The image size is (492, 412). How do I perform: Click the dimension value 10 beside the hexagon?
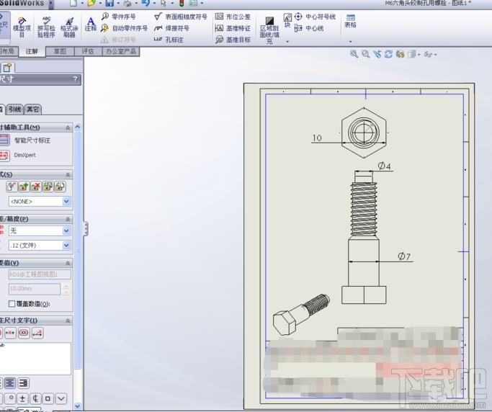317,138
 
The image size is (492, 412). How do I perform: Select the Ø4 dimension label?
385,166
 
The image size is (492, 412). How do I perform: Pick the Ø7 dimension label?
405,256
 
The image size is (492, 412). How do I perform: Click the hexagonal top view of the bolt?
363,132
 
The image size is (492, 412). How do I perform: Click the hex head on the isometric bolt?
282,322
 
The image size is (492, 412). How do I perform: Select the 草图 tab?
60,52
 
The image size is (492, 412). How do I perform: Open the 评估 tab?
88,52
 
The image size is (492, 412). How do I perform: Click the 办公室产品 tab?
121,52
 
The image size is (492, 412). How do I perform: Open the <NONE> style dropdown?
40,202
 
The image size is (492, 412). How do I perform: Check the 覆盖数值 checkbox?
12,304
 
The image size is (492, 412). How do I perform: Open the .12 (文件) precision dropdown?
40,246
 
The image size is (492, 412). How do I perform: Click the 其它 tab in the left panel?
33,109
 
